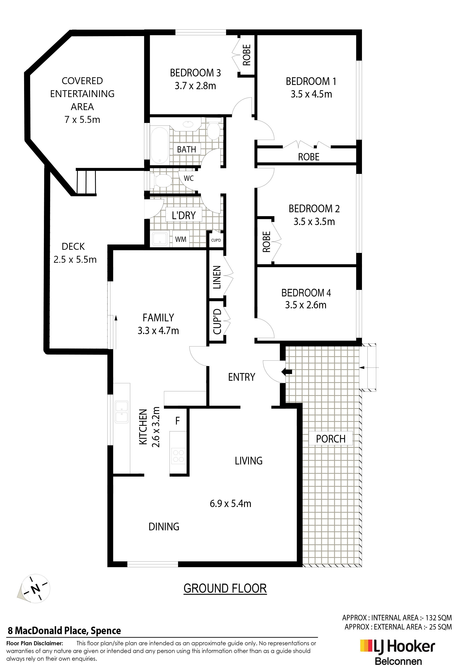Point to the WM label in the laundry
(x=181, y=239)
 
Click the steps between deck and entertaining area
(x=86, y=182)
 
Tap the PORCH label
(x=331, y=439)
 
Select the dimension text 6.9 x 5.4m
(x=231, y=504)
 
